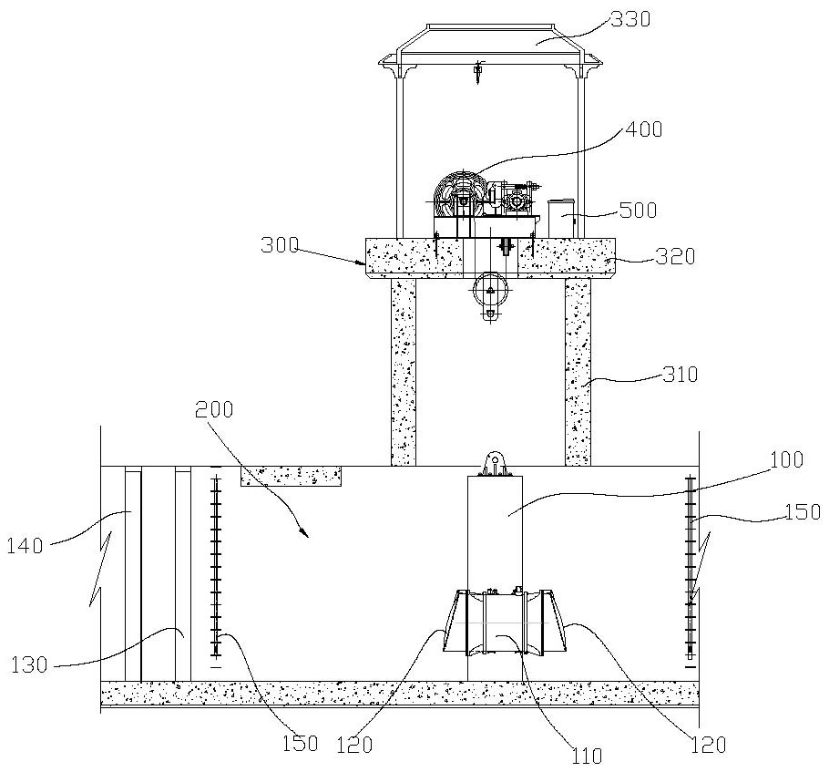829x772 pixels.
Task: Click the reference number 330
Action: click(x=629, y=19)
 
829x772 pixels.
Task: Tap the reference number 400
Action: click(x=643, y=129)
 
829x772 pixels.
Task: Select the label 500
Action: click(x=638, y=210)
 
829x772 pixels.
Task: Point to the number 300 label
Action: click(x=280, y=245)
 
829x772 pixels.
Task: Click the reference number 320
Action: click(x=675, y=257)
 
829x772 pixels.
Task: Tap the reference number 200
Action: click(x=214, y=409)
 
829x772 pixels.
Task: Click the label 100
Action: click(x=786, y=459)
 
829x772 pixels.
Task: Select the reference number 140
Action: click(x=25, y=546)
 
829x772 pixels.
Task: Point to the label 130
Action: click(x=29, y=664)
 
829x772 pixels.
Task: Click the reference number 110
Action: click(x=587, y=756)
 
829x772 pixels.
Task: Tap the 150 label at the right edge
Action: click(x=802, y=511)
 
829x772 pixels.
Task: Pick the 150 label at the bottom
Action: click(x=299, y=744)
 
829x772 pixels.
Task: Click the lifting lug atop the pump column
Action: click(x=496, y=464)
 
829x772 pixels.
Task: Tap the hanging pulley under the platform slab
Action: click(x=490, y=292)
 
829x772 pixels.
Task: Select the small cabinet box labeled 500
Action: click(x=561, y=218)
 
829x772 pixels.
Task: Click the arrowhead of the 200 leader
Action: click(x=305, y=534)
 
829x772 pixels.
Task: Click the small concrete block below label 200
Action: click(x=291, y=476)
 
